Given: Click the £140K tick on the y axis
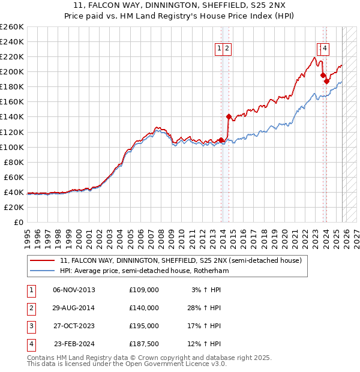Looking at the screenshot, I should (x=12, y=116).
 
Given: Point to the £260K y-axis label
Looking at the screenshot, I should (x=12, y=27).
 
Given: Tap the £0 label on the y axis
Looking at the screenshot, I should (x=19, y=222).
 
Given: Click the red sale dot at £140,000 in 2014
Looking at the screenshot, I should (x=229, y=116).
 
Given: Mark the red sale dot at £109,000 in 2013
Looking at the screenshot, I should (x=221, y=140).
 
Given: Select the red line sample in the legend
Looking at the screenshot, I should (x=43, y=261).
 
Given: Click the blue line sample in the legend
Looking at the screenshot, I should (x=43, y=271).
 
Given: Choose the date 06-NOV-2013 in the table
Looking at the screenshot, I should (x=74, y=290).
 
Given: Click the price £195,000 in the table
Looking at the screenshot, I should (x=144, y=326).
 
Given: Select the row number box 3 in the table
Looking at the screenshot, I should (x=31, y=326).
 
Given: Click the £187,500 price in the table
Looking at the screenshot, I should (x=144, y=344).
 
